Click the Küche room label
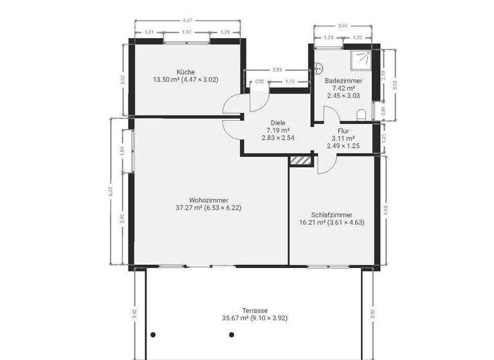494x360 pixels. (187, 71)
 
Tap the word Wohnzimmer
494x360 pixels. (209, 199)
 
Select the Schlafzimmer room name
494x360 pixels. (331, 215)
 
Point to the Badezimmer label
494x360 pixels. (343, 80)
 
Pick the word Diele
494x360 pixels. (278, 122)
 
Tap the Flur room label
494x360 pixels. (343, 130)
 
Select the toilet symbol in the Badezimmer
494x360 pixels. (361, 114)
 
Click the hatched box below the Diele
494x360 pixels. (300, 160)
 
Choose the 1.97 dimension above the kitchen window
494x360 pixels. (187, 32)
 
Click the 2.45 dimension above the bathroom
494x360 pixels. (344, 26)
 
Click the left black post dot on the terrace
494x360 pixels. (153, 334)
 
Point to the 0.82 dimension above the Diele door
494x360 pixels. (260, 82)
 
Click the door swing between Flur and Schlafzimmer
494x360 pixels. (325, 165)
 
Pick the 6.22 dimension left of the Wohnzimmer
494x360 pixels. (111, 191)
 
